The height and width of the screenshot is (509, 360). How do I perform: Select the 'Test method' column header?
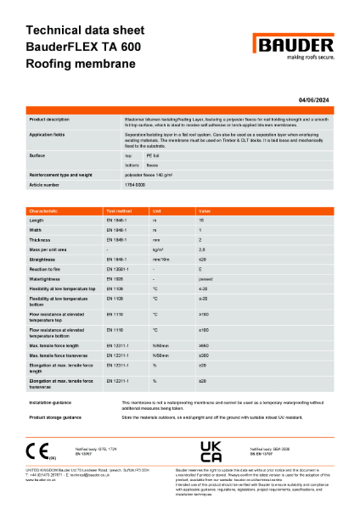pos(118,210)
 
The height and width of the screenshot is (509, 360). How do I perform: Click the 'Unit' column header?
pos(157,210)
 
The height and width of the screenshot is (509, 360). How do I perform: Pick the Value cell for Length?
pos(201,220)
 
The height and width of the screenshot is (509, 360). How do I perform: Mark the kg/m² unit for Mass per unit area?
pos(157,250)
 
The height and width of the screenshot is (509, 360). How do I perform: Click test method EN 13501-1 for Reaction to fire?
pos(118,270)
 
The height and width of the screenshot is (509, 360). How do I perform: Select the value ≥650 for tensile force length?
pos(205,345)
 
